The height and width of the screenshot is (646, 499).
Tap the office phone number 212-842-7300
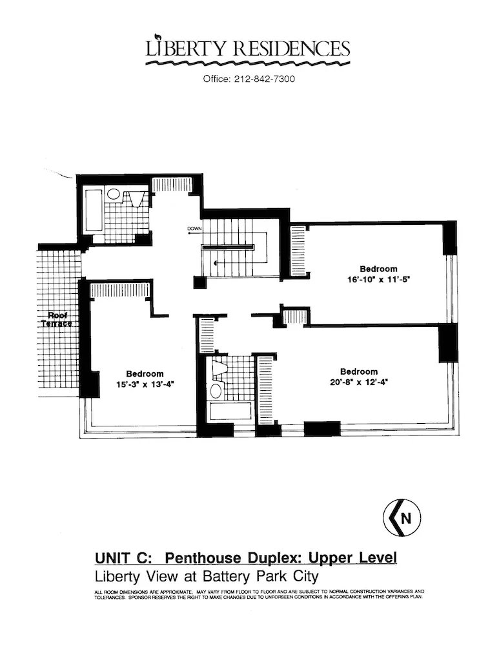tap(249, 80)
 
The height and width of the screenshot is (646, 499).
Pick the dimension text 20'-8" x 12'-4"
tap(358, 382)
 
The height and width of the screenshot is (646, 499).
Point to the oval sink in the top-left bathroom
tap(114, 193)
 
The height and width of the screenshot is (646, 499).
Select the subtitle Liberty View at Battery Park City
tap(207, 574)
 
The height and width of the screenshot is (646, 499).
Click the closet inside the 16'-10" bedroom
tap(298, 251)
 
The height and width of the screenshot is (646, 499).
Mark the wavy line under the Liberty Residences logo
tap(249, 64)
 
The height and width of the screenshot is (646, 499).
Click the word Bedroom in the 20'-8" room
tap(358, 371)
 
